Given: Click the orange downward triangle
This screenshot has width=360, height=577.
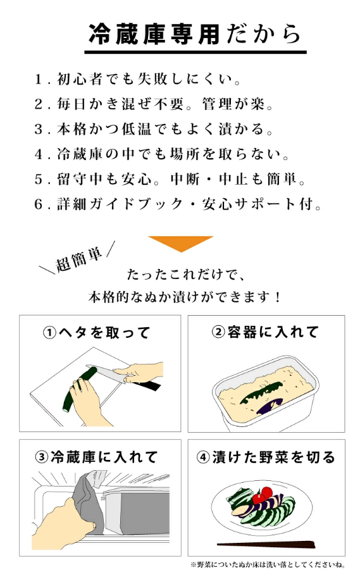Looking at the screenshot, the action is [180, 243].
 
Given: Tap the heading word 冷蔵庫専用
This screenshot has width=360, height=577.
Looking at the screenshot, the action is [154, 34].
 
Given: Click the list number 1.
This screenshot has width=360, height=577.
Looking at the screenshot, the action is [39, 79].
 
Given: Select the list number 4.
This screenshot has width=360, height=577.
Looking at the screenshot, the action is [39, 154].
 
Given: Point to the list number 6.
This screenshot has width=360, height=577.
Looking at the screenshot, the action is [39, 204].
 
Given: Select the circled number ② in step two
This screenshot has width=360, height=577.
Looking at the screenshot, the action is [218, 332].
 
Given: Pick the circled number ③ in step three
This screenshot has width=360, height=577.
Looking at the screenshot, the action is [42, 457].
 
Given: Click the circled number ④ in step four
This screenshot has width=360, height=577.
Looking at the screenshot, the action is [203, 457].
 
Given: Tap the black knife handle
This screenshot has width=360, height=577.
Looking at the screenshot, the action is [147, 385].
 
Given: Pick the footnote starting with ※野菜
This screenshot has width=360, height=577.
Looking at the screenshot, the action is [268, 564].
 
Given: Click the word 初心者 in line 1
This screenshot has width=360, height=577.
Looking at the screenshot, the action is [80, 79].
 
